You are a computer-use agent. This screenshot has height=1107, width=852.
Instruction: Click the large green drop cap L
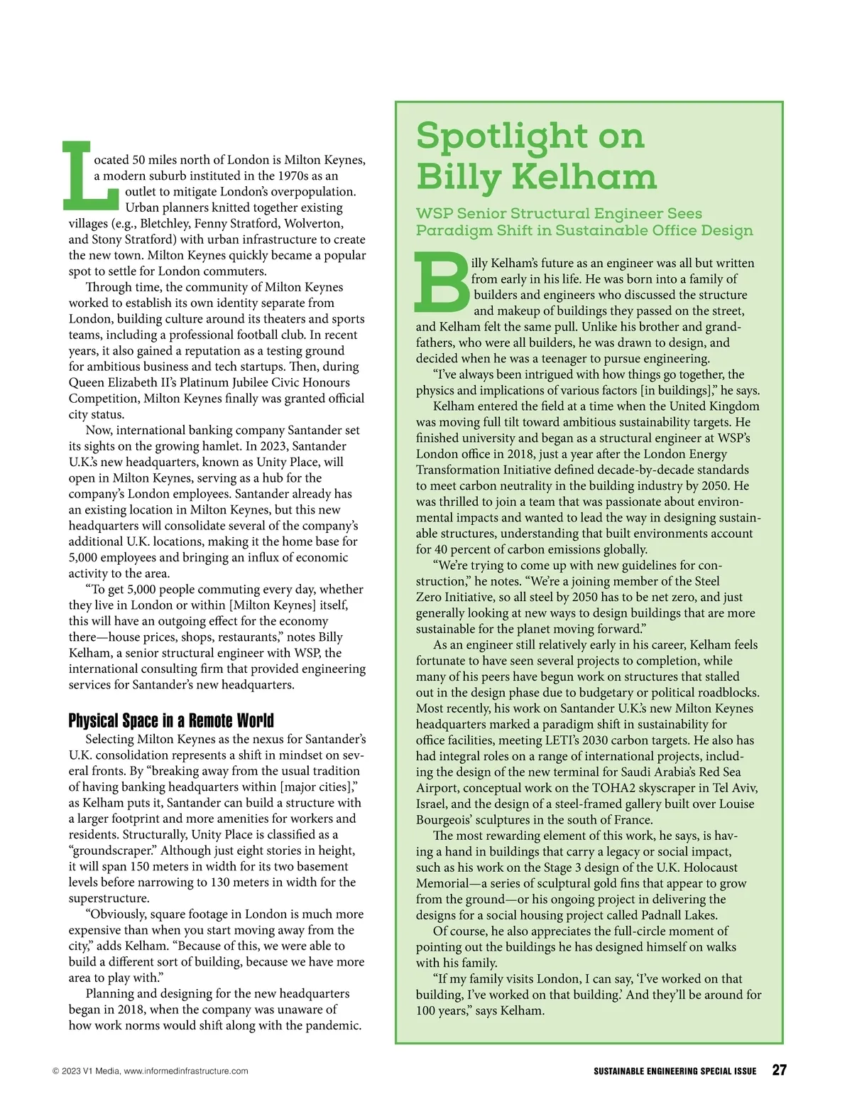click(x=89, y=175)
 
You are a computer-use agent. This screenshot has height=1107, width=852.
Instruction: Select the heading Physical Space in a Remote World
click(x=171, y=720)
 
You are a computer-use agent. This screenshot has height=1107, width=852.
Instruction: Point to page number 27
click(x=779, y=1070)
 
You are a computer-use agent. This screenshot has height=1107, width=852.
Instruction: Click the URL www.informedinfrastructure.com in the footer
click(x=186, y=1071)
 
